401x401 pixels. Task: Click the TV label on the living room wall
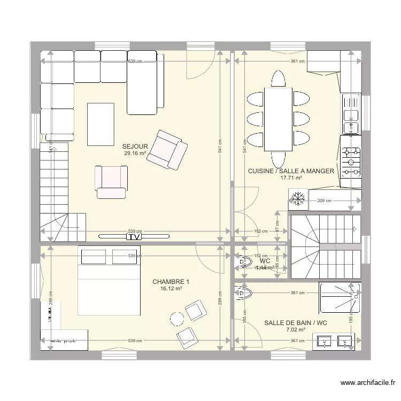(134, 236)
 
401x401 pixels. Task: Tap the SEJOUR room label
(135, 146)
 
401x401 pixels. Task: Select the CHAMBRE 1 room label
(171, 282)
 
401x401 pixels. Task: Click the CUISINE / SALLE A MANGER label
(291, 171)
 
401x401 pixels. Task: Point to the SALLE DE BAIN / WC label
(295, 323)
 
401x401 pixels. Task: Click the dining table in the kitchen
(277, 119)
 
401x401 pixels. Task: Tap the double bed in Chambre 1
(110, 281)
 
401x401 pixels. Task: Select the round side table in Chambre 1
(176, 318)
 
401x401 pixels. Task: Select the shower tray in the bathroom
(339, 297)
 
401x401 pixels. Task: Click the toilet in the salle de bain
(243, 292)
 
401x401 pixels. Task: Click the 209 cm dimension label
(325, 201)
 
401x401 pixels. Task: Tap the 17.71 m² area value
(291, 178)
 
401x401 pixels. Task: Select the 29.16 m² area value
(135, 153)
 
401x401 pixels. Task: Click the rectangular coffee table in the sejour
(101, 124)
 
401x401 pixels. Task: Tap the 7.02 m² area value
(295, 330)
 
